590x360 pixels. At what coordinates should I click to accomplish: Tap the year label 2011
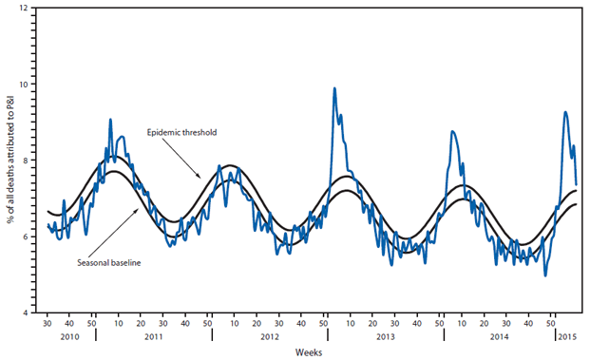151,336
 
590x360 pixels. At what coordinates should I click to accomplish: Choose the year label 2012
268,336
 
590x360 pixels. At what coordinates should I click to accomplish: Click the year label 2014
499,336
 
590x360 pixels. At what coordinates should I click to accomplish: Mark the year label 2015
567,336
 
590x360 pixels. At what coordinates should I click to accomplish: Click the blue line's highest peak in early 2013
334,88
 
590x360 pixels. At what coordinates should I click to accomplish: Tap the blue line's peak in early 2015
565,112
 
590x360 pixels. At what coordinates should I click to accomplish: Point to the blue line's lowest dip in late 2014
545,275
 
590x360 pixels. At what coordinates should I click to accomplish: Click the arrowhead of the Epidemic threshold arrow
200,177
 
